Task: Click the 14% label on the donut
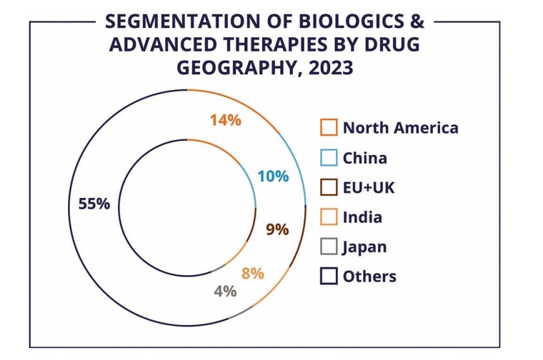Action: point(225,120)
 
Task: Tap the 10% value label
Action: point(273,176)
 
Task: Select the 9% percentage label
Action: point(277,229)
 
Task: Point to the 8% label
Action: point(253,273)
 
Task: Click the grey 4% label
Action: point(225,291)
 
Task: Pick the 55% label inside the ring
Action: point(94,204)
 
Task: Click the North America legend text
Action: point(400,128)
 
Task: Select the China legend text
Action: point(364,158)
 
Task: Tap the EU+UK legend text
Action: point(369,188)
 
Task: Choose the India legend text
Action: point(362,217)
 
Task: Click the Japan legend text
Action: point(364,247)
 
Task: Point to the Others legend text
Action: point(369,276)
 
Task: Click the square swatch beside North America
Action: point(329,128)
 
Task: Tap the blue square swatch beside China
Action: point(329,158)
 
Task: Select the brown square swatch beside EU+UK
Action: point(329,187)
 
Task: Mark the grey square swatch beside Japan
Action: point(329,247)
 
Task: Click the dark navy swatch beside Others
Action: point(329,276)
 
